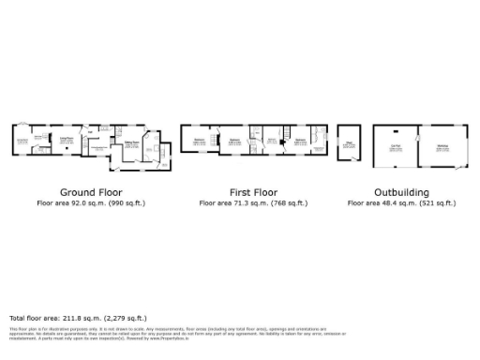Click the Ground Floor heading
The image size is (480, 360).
[x=91, y=191]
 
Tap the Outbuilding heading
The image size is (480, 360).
[x=401, y=191]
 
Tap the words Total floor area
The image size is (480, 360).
[x=34, y=318]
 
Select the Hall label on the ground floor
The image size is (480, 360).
[x=97, y=148]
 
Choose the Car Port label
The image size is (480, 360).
[x=396, y=146]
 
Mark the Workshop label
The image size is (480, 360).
[x=441, y=146]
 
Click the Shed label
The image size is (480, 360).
[x=349, y=142]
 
